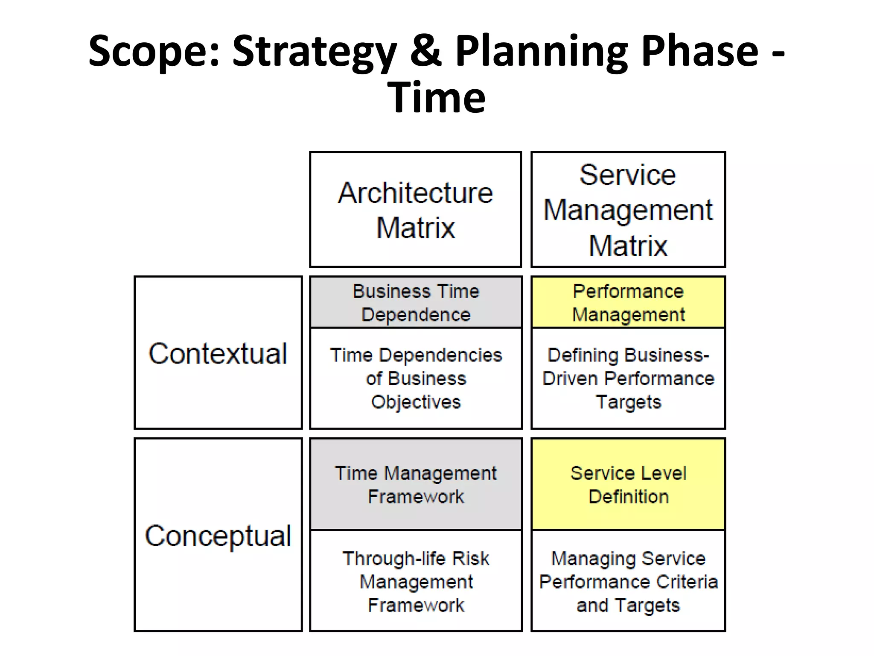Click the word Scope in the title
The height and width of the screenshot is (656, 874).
pos(154,52)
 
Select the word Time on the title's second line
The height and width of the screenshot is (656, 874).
pos(437,98)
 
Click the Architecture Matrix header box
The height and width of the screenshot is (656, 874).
pos(415,209)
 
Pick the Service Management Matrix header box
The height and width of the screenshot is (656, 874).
pos(628,209)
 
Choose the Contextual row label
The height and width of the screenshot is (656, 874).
pos(218,353)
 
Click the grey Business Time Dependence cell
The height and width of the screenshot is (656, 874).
pos(416,302)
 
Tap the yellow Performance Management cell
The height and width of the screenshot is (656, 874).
pos(628,302)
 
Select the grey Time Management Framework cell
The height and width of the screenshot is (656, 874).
pos(416,484)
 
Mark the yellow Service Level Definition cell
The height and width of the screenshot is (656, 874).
pos(628,484)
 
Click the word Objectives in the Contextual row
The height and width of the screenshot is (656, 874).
pos(416,402)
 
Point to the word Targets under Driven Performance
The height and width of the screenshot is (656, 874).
pos(628,402)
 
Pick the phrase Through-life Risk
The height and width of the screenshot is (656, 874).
pos(416,559)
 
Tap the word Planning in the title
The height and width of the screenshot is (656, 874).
pos(542,52)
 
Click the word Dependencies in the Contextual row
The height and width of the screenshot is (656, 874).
pos(440,355)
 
